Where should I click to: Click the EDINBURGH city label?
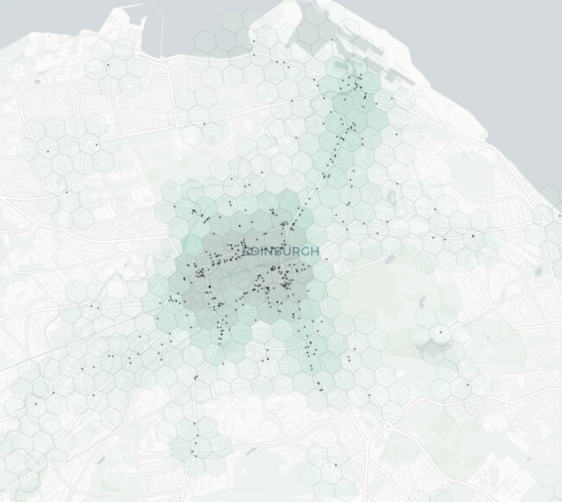(281, 251)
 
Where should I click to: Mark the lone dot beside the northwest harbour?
(108, 65)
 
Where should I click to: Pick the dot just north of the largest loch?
(441, 333)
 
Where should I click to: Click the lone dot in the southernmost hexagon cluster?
(336, 464)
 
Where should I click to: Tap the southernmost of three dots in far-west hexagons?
(67, 192)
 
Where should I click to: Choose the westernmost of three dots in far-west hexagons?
(48, 151)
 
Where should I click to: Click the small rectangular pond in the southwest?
(100, 460)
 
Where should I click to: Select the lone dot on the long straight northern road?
(204, 124)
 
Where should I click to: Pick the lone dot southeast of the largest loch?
(468, 385)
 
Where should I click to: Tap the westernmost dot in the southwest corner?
(36, 404)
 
